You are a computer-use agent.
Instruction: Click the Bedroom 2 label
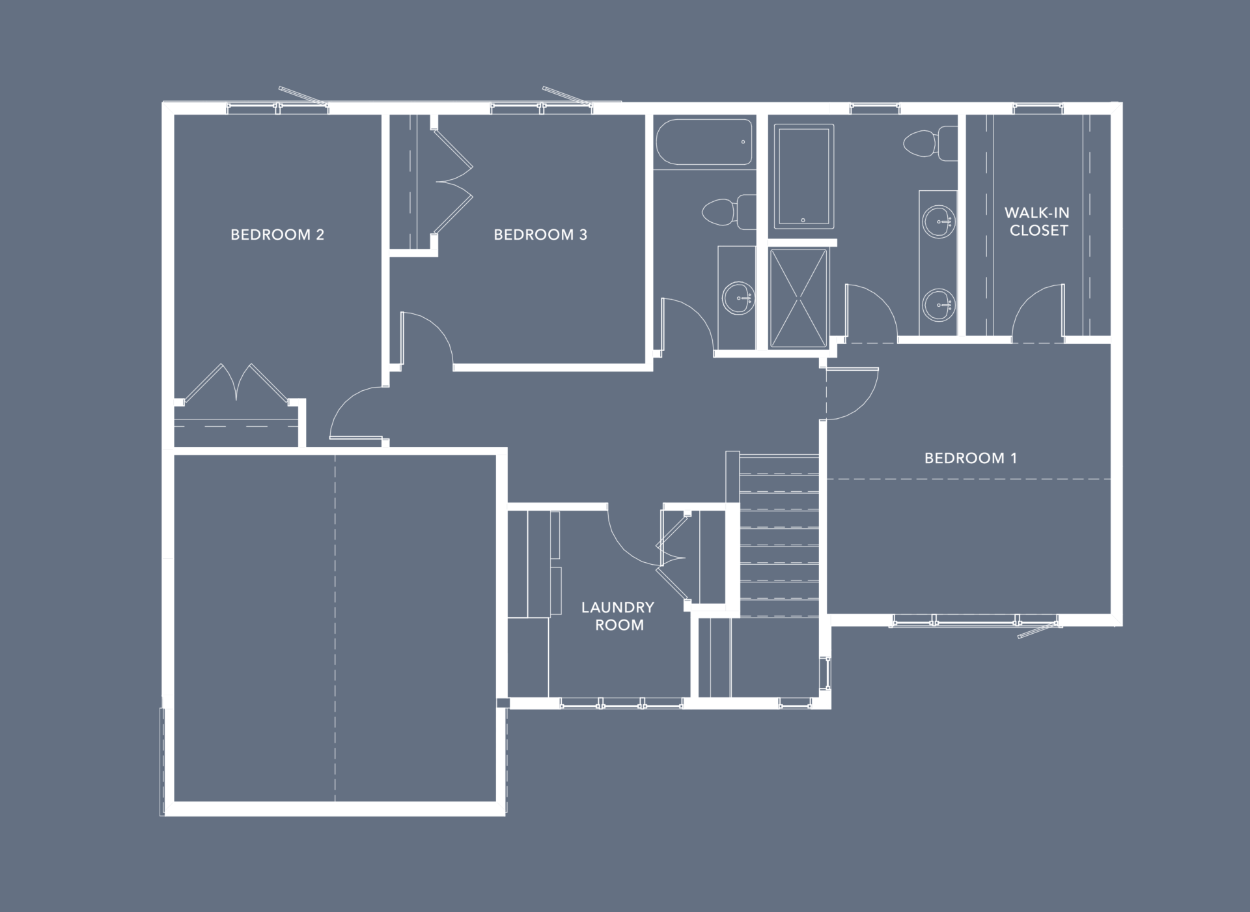[x=277, y=235]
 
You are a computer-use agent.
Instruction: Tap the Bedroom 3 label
[x=540, y=235]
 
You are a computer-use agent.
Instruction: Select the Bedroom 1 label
[x=971, y=458]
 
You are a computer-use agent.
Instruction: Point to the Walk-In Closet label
[x=1038, y=221]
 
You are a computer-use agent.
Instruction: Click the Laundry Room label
[x=618, y=616]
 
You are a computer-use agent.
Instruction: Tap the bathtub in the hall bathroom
[x=704, y=142]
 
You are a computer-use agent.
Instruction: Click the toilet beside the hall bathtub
[x=728, y=211]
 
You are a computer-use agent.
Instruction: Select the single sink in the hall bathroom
[x=739, y=298]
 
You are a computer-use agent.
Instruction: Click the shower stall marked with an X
[x=798, y=298]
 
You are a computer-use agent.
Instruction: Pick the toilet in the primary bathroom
[x=931, y=144]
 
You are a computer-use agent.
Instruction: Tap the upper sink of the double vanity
[x=939, y=221]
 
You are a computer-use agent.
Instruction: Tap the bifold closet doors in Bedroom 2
[x=237, y=382]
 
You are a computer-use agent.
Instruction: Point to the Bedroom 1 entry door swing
[x=852, y=393]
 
